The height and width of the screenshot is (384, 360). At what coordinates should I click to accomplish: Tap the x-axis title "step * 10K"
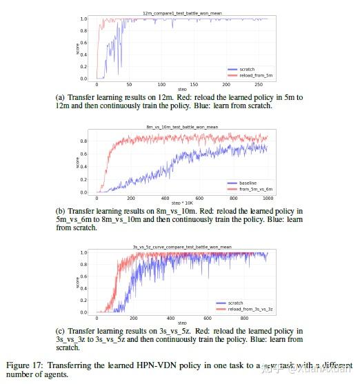click(180, 205)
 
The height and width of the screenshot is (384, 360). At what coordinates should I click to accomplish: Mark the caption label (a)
click(60, 97)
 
